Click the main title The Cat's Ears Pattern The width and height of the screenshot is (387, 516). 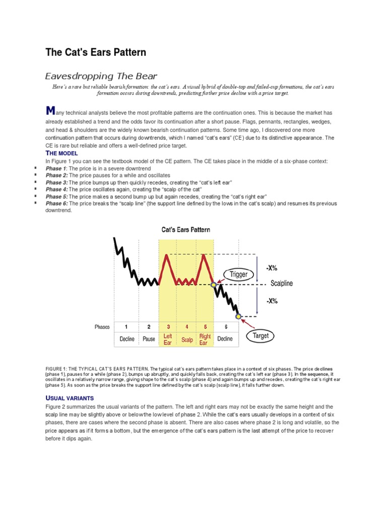[x=96, y=52]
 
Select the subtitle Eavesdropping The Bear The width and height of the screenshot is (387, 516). [x=101, y=77]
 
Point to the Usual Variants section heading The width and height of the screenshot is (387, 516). [x=69, y=398]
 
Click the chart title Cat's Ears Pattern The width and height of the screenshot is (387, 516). [x=186, y=230]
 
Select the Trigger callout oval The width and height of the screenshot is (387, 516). [x=238, y=274]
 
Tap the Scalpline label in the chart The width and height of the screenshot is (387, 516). [x=281, y=284]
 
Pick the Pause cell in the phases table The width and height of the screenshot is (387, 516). [x=149, y=339]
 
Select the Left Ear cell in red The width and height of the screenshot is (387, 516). [x=168, y=339]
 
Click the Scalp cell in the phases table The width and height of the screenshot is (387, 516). [x=187, y=339]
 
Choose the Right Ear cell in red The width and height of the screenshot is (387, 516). [x=205, y=339]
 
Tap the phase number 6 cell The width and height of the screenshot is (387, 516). [x=225, y=327]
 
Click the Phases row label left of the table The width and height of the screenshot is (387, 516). [x=102, y=327]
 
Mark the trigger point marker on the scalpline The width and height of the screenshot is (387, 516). [x=213, y=285]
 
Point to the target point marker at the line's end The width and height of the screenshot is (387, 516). [x=238, y=316]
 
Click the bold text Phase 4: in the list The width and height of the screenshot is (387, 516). [x=56, y=189]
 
